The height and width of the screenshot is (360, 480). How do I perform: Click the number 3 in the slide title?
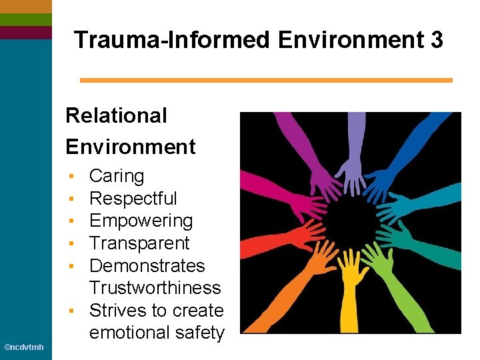436,40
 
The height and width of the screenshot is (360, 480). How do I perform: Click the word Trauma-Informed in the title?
173,40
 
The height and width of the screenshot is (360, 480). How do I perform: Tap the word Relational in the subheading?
116,115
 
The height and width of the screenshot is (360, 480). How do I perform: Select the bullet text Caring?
117,176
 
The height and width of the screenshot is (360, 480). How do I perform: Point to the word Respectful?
133,199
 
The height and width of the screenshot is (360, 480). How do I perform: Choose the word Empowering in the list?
141,221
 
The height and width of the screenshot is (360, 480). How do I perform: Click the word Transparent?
139,243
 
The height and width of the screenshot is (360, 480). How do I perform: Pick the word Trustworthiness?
155,288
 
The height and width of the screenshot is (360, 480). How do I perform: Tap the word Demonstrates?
147,265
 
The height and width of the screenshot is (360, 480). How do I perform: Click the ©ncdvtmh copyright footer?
24,347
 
